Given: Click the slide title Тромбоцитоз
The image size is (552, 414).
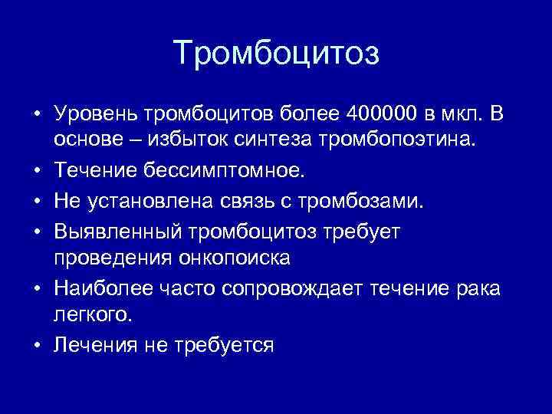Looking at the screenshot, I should coord(276,54).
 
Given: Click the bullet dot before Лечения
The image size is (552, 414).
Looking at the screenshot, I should coord(37,345).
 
